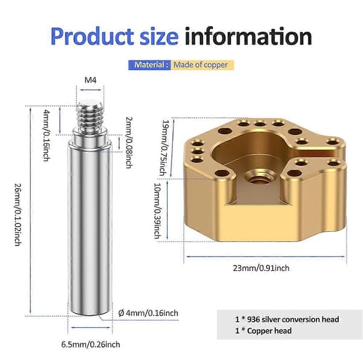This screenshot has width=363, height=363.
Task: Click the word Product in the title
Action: click(92, 36)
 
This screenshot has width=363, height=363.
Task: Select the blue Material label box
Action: click(149, 65)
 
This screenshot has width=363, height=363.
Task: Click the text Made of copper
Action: click(200, 65)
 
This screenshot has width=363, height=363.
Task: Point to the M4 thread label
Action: click(90, 80)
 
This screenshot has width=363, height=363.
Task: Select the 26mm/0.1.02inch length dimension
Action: click(18, 215)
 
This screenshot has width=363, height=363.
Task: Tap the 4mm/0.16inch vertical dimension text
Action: click(47, 136)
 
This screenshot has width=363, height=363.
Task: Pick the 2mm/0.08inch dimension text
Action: click(129, 142)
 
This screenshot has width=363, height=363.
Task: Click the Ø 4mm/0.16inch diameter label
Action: click(148, 313)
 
